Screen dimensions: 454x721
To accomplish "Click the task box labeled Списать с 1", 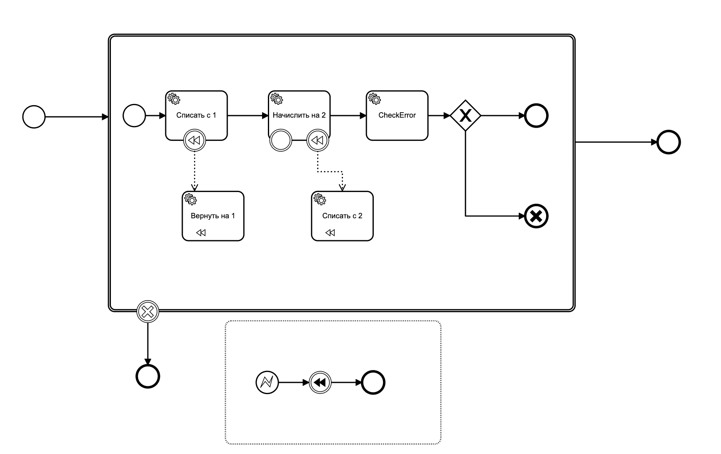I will (x=196, y=116).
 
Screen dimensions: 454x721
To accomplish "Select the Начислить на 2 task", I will (x=299, y=116).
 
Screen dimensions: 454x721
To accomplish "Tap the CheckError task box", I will (x=397, y=116).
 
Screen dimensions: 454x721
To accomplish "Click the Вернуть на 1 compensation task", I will (x=213, y=216).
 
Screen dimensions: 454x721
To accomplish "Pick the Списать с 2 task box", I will (x=342, y=216).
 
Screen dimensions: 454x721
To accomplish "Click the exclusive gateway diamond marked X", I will (x=466, y=116).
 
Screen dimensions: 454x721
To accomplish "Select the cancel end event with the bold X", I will (x=536, y=216).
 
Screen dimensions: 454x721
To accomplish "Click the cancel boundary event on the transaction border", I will (x=148, y=311).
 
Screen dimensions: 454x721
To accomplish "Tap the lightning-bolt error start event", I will (x=267, y=382).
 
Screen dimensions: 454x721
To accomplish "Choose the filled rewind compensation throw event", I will (x=320, y=382).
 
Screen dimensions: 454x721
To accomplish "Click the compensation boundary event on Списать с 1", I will (x=195, y=141).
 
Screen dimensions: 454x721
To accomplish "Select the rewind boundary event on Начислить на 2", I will (x=318, y=141).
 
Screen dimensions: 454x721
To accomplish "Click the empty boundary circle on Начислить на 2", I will (x=281, y=141).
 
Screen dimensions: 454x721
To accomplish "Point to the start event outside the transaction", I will (x=34, y=117).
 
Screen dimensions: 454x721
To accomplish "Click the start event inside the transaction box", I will (x=134, y=116).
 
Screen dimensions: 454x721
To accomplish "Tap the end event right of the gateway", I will (x=536, y=116).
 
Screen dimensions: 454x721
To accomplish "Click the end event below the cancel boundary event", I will (x=148, y=376).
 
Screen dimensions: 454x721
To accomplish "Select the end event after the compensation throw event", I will (x=373, y=382).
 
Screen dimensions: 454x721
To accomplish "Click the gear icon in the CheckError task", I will (x=375, y=99).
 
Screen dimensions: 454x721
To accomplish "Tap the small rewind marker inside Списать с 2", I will (x=330, y=233).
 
